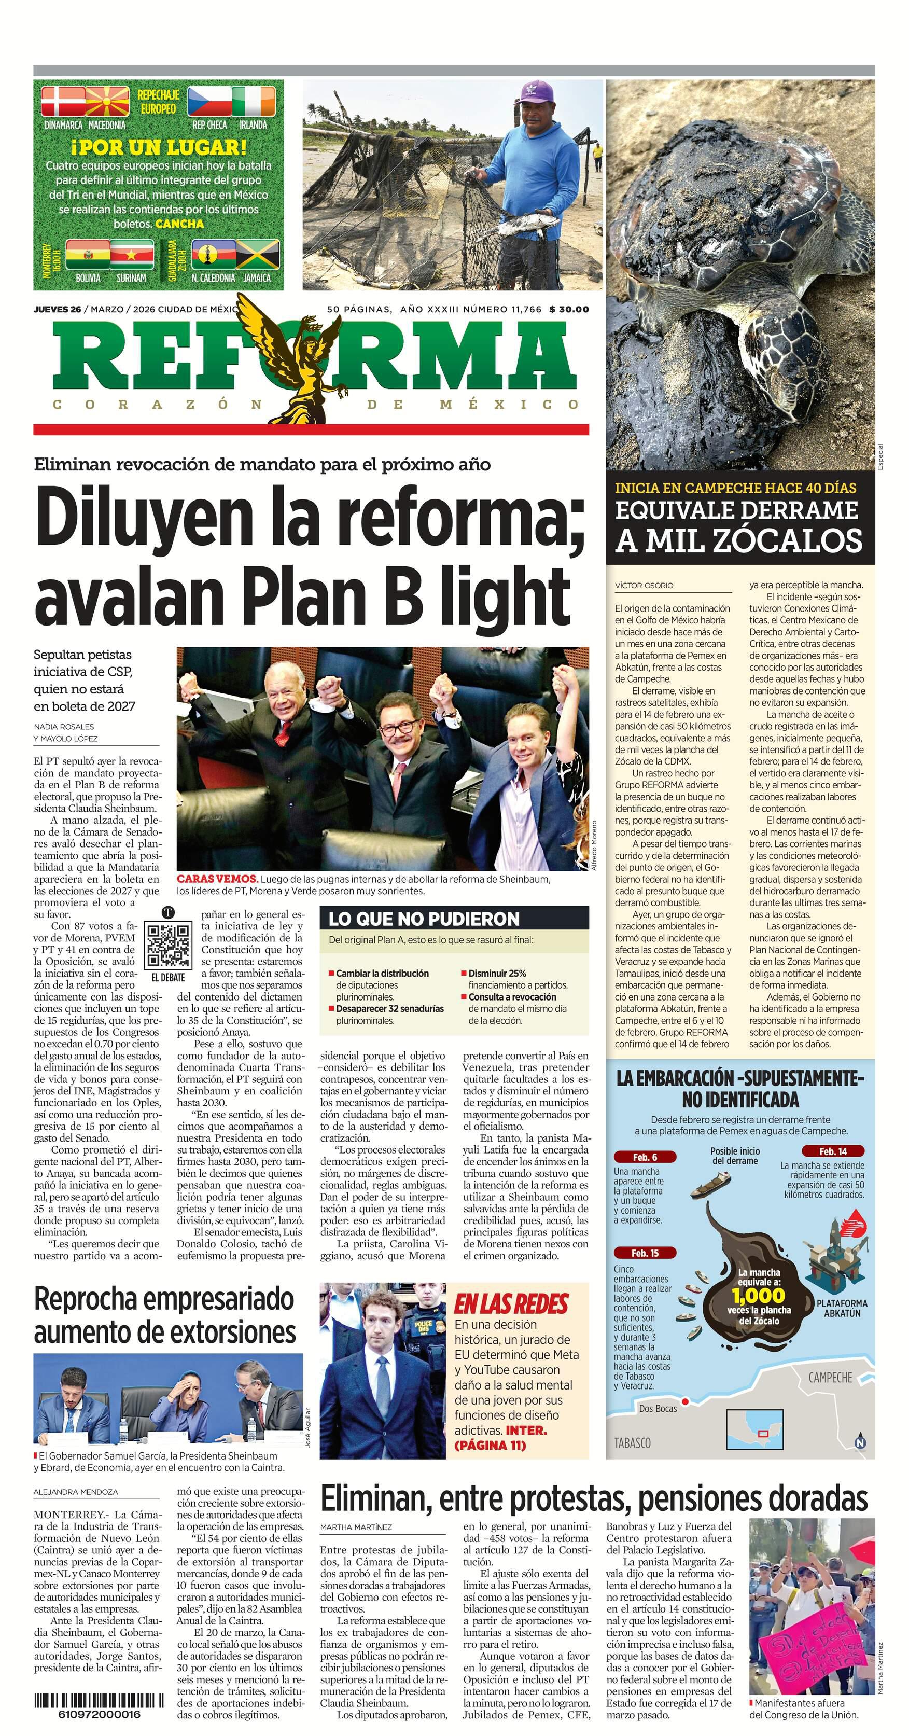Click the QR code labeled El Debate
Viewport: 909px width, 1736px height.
pyautogui.click(x=169, y=945)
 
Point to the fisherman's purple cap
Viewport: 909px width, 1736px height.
pyautogui.click(x=536, y=92)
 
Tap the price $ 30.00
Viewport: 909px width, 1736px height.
pyautogui.click(x=569, y=309)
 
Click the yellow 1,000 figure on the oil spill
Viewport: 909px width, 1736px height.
pyautogui.click(x=759, y=1295)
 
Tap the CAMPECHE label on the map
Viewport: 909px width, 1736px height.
pyautogui.click(x=830, y=1378)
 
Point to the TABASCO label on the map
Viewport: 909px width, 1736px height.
pyautogui.click(x=633, y=1443)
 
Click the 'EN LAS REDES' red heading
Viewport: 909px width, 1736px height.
pyautogui.click(x=511, y=1304)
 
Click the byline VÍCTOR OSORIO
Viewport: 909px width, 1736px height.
pyautogui.click(x=644, y=586)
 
